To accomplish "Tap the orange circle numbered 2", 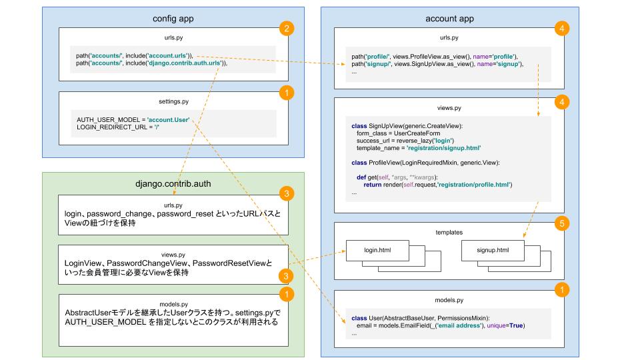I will point(286,29).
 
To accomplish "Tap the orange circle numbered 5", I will point(561,225).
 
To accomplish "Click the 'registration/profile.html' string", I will point(473,184).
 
